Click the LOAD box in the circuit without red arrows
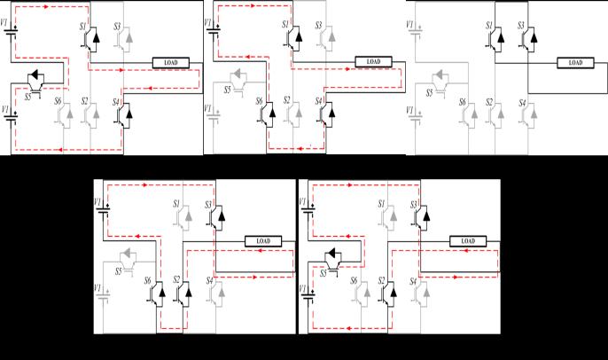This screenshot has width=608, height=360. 575,62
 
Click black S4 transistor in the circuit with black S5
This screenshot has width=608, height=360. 126,112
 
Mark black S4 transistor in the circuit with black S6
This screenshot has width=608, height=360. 325,112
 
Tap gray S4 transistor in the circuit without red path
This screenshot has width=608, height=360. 529,112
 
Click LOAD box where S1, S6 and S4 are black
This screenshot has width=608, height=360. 372,62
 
